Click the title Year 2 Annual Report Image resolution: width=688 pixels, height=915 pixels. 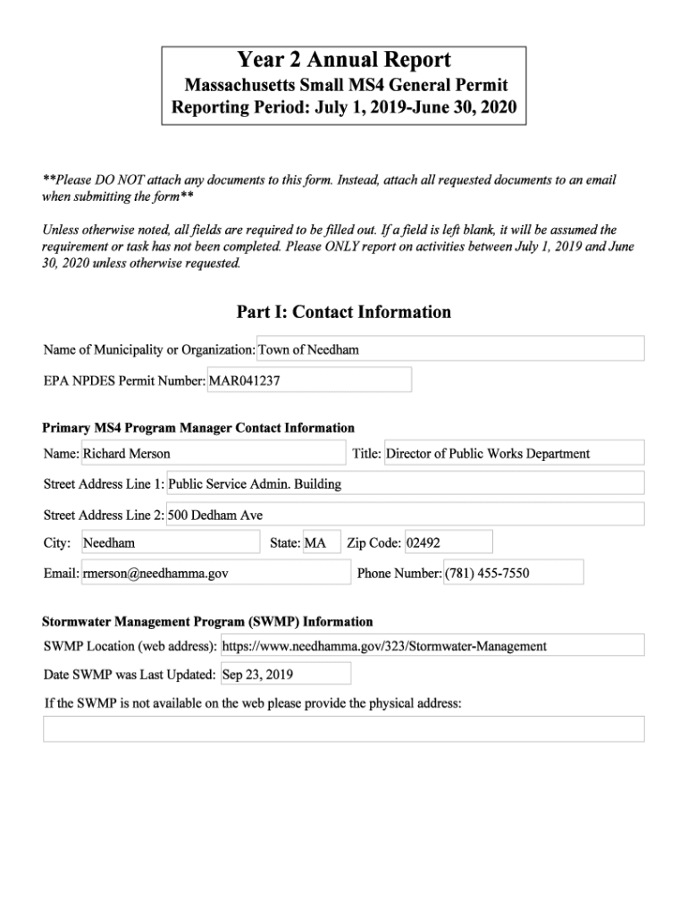click(x=344, y=61)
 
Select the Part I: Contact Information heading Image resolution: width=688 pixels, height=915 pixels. click(x=344, y=312)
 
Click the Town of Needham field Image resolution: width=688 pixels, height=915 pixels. click(x=450, y=349)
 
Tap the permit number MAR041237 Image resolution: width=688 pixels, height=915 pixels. click(x=309, y=380)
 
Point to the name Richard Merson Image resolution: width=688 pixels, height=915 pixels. click(x=213, y=453)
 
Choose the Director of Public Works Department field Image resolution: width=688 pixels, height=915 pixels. click(x=513, y=453)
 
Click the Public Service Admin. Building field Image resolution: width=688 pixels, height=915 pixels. click(x=405, y=483)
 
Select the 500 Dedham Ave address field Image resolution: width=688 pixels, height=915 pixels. click(x=405, y=515)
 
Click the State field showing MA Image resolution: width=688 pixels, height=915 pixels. click(x=322, y=542)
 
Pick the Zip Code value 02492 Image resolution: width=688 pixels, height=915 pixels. click(x=448, y=542)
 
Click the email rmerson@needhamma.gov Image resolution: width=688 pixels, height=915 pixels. click(x=215, y=573)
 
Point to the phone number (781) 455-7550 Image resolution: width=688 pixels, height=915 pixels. click(x=513, y=573)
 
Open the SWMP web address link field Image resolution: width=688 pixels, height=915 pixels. click(x=432, y=645)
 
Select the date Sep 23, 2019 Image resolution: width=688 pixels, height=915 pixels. click(x=285, y=674)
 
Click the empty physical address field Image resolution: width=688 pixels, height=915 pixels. click(x=344, y=728)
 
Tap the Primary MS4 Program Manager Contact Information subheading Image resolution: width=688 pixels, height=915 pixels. click(x=198, y=428)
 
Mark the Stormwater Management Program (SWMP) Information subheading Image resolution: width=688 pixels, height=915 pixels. click(x=207, y=621)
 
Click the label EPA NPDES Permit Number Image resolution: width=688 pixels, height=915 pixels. click(x=124, y=381)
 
